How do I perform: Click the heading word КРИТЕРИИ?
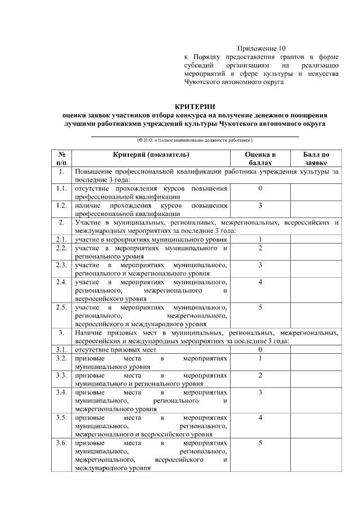[x=195, y=106]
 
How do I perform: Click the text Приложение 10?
[x=262, y=49]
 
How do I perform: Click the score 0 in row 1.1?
[x=260, y=189]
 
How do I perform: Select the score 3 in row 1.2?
[x=260, y=205]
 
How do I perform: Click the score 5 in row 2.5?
[x=260, y=307]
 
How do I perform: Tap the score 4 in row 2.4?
[x=260, y=282]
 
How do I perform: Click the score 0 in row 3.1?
[x=260, y=349]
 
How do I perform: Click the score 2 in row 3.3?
[x=260, y=375]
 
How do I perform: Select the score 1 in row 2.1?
[x=260, y=239]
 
